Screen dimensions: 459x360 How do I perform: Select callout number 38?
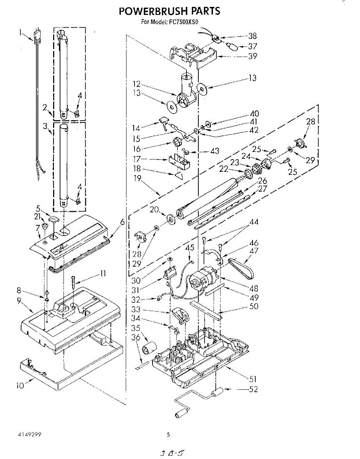[x=252, y=36]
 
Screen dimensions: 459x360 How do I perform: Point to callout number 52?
[x=253, y=389]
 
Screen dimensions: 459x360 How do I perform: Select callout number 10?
[x=20, y=386]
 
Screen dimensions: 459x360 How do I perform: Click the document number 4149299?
[x=29, y=435]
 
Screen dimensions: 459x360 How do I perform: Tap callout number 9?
[x=19, y=301]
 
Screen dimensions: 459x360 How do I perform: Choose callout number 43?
[x=215, y=151]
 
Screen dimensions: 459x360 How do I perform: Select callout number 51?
[x=252, y=379]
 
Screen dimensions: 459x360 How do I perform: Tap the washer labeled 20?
[x=170, y=219]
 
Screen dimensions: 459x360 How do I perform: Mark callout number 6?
[x=122, y=222]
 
